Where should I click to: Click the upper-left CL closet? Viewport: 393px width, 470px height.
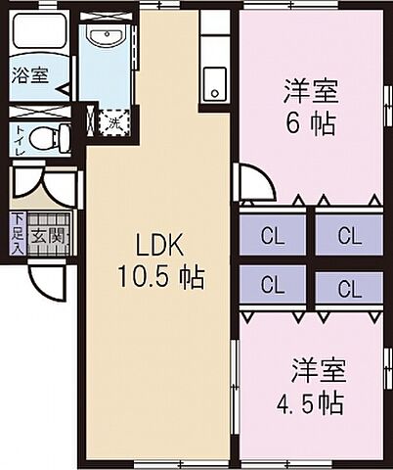(x=272, y=236)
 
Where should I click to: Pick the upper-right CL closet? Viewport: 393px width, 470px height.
(x=347, y=236)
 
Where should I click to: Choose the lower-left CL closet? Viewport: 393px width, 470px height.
(x=272, y=287)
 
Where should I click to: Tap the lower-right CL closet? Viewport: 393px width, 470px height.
(x=347, y=288)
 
